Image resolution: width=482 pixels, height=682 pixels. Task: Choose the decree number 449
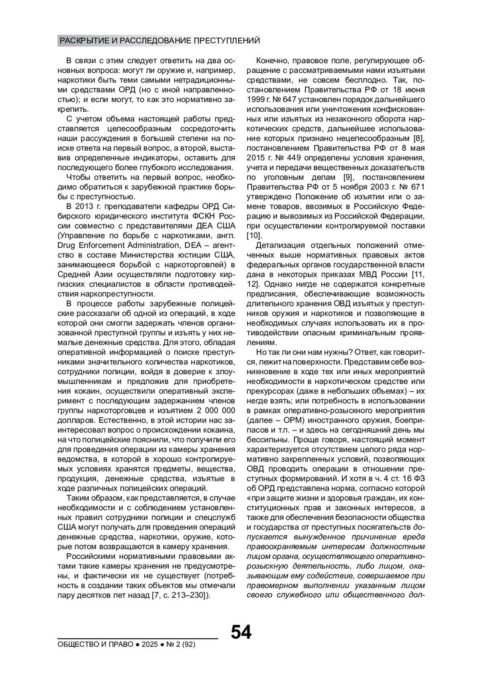[298, 158]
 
